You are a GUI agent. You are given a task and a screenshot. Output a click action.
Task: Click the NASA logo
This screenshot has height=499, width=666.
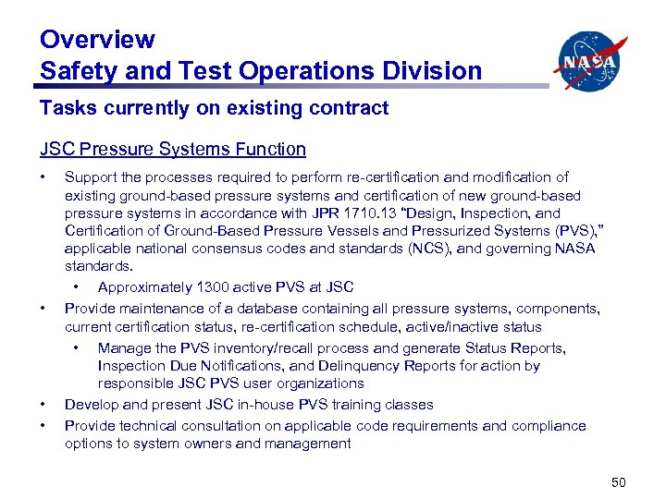[590, 60]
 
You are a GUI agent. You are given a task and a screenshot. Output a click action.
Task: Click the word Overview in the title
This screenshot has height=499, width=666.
[97, 40]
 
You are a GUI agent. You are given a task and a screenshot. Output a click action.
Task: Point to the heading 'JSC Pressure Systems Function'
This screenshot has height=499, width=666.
[172, 149]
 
